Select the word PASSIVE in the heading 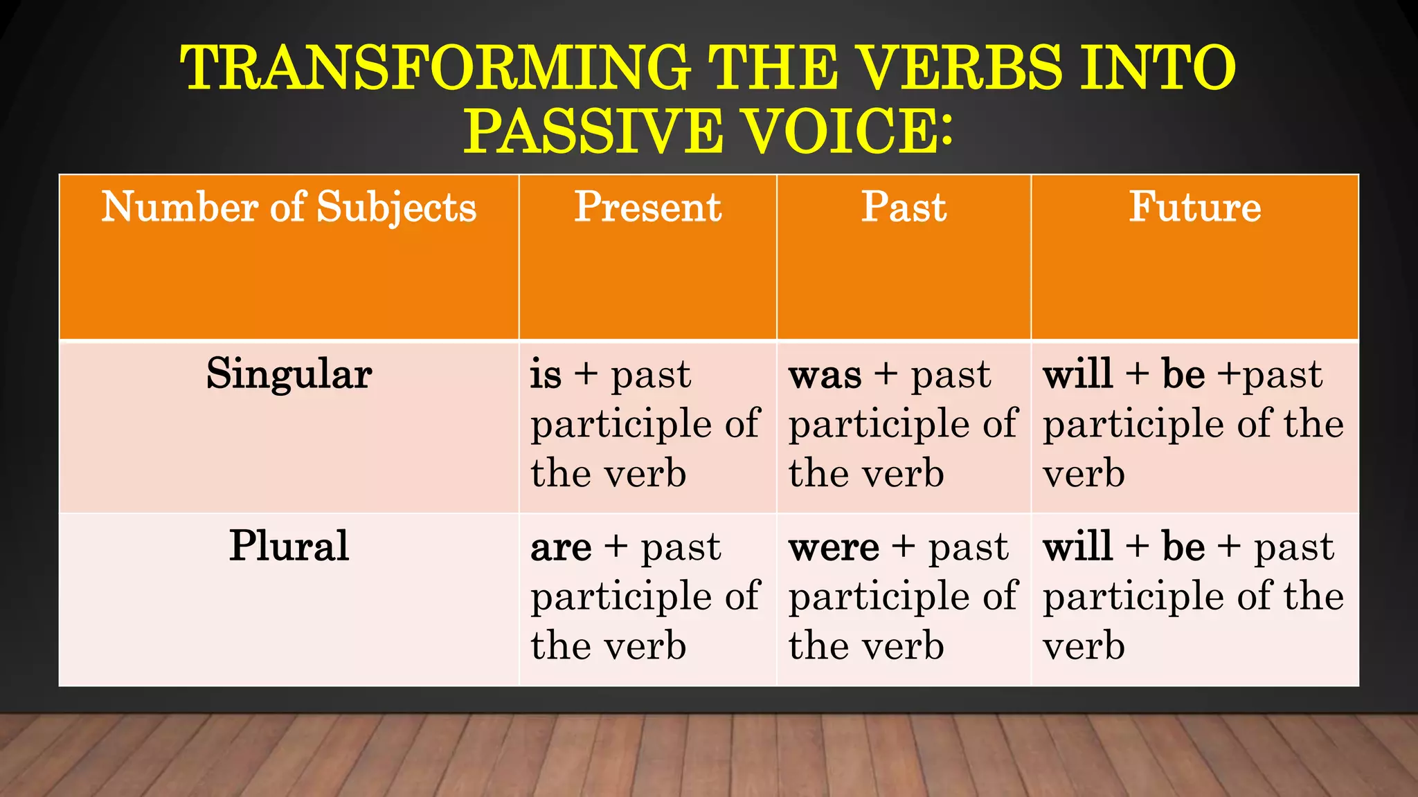pyautogui.click(x=593, y=131)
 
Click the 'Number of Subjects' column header pyautogui.click(x=289, y=207)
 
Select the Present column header pyautogui.click(x=647, y=207)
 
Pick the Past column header pyautogui.click(x=904, y=207)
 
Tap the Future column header pyautogui.click(x=1194, y=207)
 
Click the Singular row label pyautogui.click(x=289, y=374)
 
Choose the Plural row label pyautogui.click(x=289, y=546)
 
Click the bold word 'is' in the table pyautogui.click(x=546, y=375)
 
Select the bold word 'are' pyautogui.click(x=561, y=549)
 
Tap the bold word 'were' pyautogui.click(x=834, y=549)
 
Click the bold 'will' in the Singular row pyautogui.click(x=1077, y=374)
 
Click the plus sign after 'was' pyautogui.click(x=886, y=375)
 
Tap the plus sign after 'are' pyautogui.click(x=616, y=547)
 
